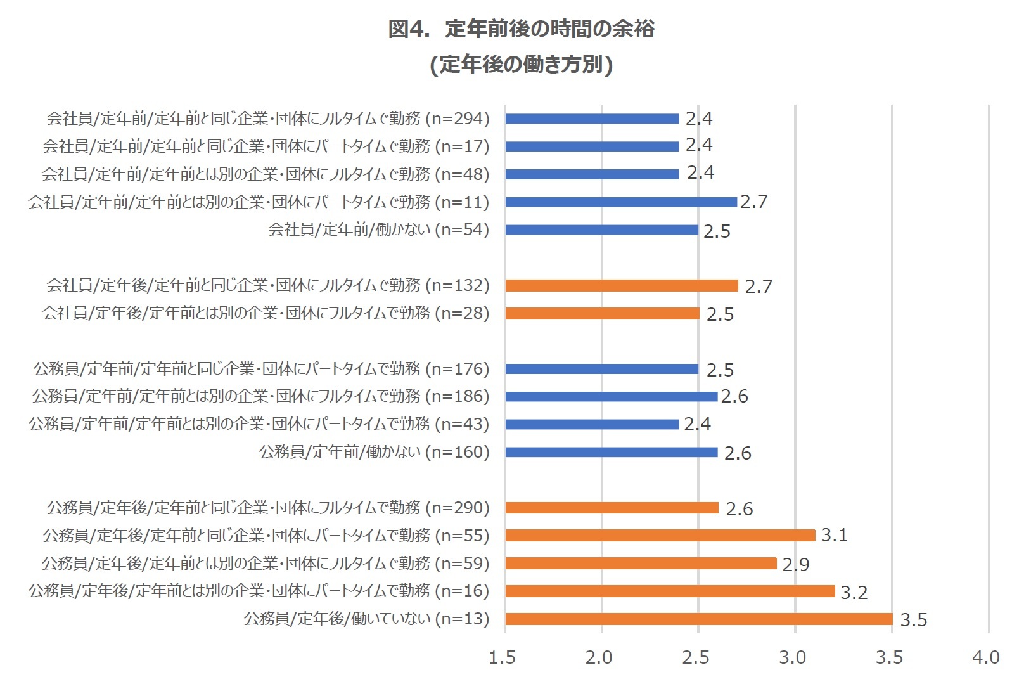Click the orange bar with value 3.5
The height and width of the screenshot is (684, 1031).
(698, 619)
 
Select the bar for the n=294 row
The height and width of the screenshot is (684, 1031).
(592, 119)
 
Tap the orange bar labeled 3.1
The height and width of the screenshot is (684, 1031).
(660, 536)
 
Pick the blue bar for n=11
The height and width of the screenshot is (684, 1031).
(621, 202)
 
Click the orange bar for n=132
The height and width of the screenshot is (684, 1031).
(621, 285)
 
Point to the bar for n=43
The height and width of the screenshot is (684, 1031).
(592, 424)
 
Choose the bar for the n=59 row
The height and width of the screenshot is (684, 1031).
(641, 563)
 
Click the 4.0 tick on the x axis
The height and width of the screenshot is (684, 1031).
(986, 657)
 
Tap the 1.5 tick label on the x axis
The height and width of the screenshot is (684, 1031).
(502, 657)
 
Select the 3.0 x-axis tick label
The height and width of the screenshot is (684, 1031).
(792, 657)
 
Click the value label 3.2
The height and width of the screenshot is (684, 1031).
(854, 592)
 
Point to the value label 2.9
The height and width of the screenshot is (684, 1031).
(796, 564)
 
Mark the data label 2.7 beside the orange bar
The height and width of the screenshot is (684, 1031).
(759, 287)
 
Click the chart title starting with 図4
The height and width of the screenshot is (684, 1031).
(521, 29)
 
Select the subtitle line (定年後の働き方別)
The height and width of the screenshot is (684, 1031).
(521, 65)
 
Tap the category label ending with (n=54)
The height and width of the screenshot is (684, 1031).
(378, 229)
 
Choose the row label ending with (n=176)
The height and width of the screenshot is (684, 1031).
(261, 368)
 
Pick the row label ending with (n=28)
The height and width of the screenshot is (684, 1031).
(266, 313)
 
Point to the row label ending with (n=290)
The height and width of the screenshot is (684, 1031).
(268, 507)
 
